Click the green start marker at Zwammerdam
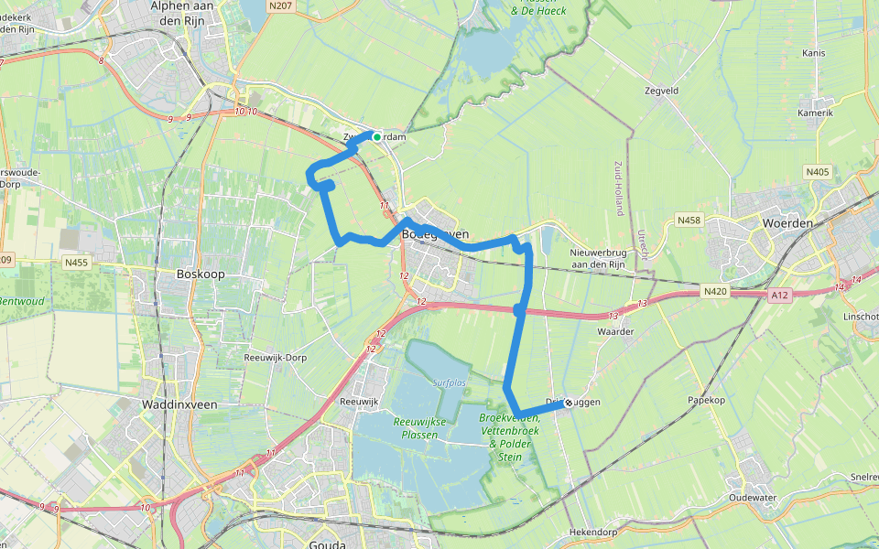376,137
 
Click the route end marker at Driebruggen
569,403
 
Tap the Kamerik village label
815,113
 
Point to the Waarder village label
615,331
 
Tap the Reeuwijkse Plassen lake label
420,427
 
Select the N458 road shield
689,221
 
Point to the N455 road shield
77,263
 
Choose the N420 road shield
716,291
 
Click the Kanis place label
813,53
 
